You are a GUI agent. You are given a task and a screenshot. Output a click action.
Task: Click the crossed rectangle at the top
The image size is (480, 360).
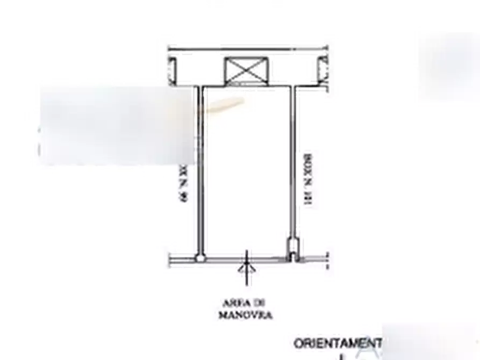[x=245, y=71]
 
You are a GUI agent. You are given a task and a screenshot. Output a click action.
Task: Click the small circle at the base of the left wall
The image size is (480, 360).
[x=199, y=258]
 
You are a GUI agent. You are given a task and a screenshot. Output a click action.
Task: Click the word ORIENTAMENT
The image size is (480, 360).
[x=338, y=343]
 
